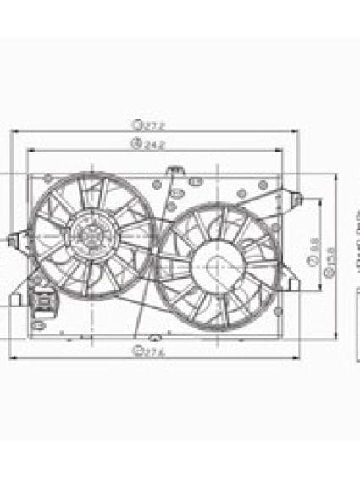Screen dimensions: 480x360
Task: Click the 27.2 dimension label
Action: (x=157, y=124)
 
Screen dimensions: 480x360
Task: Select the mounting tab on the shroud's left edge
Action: (x=13, y=240)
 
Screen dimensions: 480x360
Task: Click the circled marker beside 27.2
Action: (x=136, y=124)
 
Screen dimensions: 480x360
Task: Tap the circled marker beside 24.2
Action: (x=135, y=144)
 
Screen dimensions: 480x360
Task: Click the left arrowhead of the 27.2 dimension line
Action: (x=17, y=132)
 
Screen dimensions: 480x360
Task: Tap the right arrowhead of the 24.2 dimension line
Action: (x=279, y=151)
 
